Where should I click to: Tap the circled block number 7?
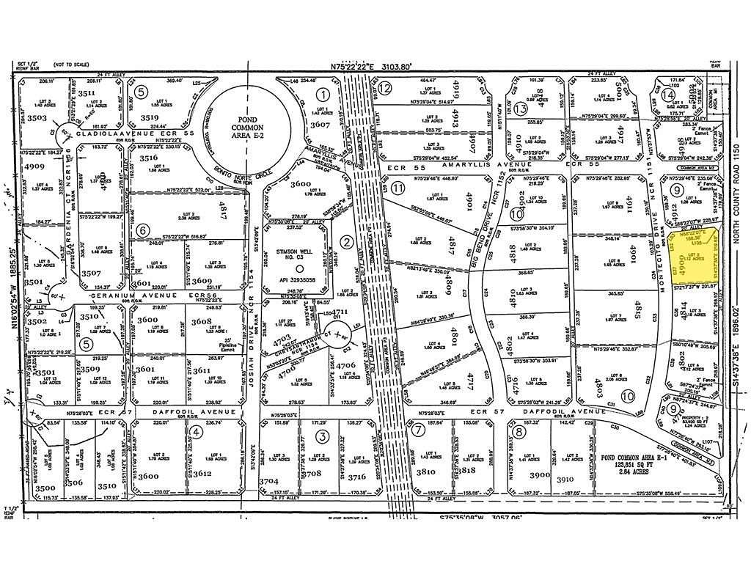[417, 431]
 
